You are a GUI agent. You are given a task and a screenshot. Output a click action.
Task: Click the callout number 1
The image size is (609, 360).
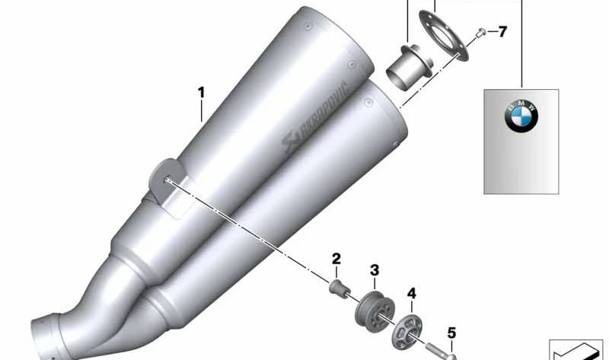201,93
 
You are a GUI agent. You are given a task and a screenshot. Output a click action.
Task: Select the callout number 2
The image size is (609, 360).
336,259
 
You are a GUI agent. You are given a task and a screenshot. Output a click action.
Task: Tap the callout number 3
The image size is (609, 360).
375,270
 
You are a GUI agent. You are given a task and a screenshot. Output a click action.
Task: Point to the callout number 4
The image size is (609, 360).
412,293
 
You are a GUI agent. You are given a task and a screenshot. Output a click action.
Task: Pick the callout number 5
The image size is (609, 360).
451,333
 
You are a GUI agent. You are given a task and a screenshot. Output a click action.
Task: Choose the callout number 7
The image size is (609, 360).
502,31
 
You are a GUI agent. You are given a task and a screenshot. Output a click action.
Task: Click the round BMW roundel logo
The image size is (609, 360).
521,116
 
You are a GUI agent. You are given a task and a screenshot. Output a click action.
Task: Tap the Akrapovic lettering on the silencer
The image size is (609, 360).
315,116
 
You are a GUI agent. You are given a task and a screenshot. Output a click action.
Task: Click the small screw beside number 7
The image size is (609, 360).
481,33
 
